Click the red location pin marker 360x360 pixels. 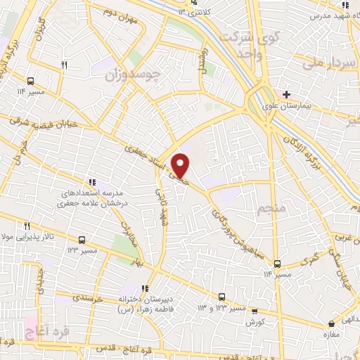181,164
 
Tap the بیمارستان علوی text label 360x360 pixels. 293,107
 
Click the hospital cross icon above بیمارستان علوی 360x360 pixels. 286,94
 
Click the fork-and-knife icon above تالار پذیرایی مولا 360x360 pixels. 27,226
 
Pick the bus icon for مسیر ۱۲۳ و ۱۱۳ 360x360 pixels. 221,297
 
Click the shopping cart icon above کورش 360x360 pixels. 255,311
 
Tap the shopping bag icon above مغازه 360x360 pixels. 331,324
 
